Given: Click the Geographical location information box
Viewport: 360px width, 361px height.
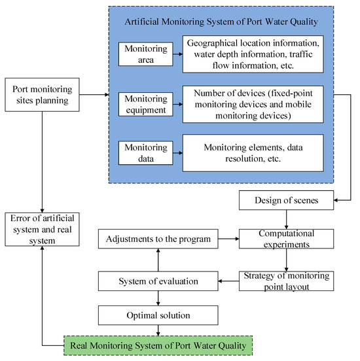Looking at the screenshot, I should pyautogui.click(x=253, y=54).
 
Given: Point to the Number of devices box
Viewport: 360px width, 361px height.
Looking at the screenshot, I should pyautogui.click(x=253, y=105).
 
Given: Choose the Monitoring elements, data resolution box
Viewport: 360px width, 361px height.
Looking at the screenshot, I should pyautogui.click(x=253, y=153).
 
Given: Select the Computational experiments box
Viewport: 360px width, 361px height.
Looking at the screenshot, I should pyautogui.click(x=286, y=240).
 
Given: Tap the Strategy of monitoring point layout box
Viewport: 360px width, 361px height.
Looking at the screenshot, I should pyautogui.click(x=286, y=280).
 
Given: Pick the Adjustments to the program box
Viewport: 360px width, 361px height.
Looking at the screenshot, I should pyautogui.click(x=158, y=240).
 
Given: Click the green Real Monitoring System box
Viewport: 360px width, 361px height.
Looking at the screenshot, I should pyautogui.click(x=158, y=344).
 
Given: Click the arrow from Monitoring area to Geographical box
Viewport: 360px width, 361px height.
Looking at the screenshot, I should pyautogui.click(x=175, y=54).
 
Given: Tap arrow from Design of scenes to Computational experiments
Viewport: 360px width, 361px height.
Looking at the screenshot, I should pyautogui.click(x=286, y=219).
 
